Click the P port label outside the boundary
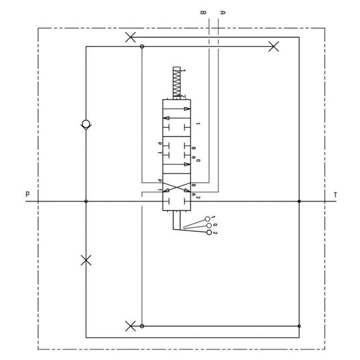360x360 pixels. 27,195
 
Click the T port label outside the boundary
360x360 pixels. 335,195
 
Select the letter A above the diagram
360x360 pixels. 223,12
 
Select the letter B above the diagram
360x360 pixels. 203,12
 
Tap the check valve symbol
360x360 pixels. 85,124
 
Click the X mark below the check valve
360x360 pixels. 85,260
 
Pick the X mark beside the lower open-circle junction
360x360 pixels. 130,326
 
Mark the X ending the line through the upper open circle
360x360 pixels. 274,47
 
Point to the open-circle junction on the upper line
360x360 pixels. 142,47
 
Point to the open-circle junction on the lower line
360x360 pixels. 142,326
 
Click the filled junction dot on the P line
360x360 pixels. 85,201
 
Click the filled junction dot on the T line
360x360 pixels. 299,201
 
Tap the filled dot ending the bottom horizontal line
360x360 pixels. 299,326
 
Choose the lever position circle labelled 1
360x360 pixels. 208,219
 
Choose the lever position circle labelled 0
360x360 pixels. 210,226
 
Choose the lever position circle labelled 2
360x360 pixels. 210,232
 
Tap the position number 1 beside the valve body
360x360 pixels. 198,123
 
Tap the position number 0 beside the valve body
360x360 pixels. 198,161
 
